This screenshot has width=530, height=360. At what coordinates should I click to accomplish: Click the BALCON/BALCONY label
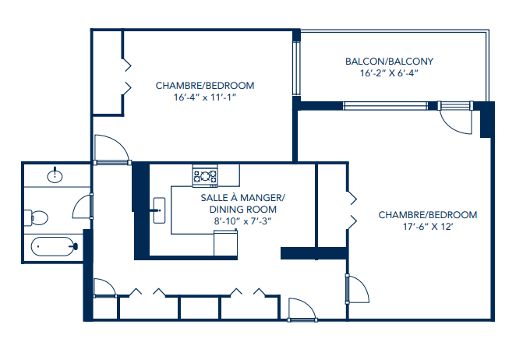389,62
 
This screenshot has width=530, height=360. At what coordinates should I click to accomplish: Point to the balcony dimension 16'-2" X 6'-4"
389,75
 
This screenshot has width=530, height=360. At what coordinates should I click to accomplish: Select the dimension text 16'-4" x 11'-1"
205,98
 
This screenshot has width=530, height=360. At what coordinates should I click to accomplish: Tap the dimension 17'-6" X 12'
427,228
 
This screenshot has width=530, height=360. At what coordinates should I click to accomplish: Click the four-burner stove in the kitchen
205,177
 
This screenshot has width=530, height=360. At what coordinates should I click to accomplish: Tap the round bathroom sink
55,175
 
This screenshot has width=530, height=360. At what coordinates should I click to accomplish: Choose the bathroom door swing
83,206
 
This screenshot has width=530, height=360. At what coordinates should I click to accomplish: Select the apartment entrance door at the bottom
301,309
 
